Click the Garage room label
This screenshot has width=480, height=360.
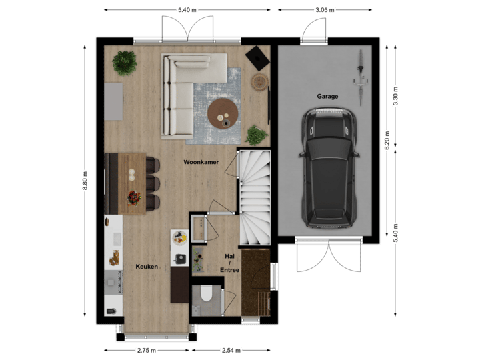coord(327,96)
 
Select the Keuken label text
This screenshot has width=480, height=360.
coord(147,267)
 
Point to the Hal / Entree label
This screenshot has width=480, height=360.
coord(229,262)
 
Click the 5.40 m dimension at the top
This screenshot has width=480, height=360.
coord(187,9)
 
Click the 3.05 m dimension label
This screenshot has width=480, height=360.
coord(325,9)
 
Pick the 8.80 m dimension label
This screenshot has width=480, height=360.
coord(85,181)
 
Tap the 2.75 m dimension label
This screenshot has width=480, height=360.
coord(147,350)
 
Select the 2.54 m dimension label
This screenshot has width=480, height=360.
coord(230,350)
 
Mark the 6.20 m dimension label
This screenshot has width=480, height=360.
coord(387,140)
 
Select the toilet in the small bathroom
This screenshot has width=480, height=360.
coord(205,293)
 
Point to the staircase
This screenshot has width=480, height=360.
coord(253,197)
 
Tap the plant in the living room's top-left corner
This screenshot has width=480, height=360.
coord(124,63)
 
